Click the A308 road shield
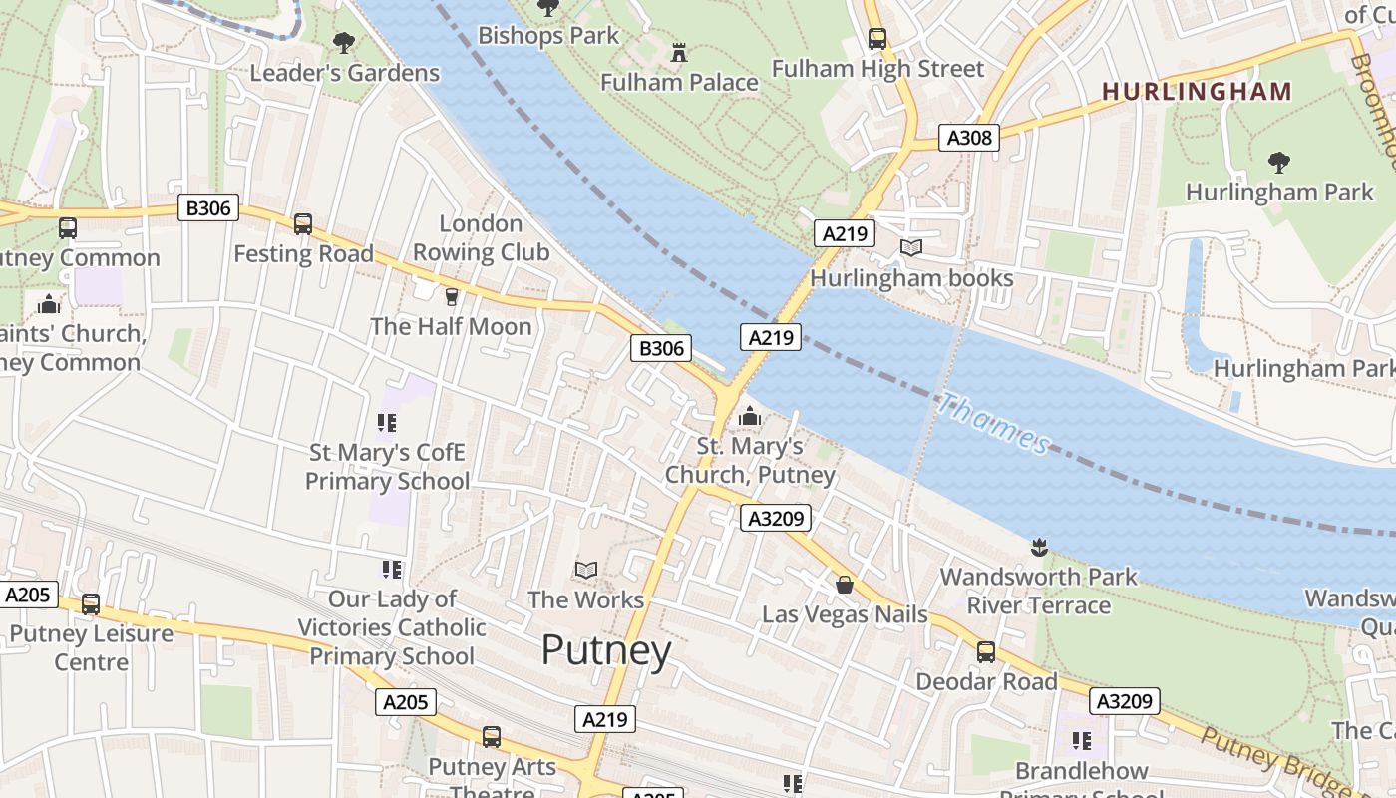(968, 138)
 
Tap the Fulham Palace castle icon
(680, 52)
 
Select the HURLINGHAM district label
(1197, 92)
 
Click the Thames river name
(994, 424)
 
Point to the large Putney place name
(606, 651)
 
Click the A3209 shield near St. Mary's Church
(775, 518)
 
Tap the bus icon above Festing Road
(303, 224)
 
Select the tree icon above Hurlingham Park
(1278, 162)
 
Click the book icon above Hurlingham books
(910, 248)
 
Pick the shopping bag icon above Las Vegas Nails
(844, 585)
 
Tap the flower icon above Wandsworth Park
(1038, 547)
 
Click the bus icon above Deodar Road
(985, 652)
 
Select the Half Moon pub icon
(451, 296)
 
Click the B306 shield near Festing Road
(208, 207)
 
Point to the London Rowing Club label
(481, 238)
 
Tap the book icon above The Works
(586, 570)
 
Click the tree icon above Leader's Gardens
(344, 43)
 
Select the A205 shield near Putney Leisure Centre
(27, 595)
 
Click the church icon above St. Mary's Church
(750, 416)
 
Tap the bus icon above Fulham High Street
(876, 39)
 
